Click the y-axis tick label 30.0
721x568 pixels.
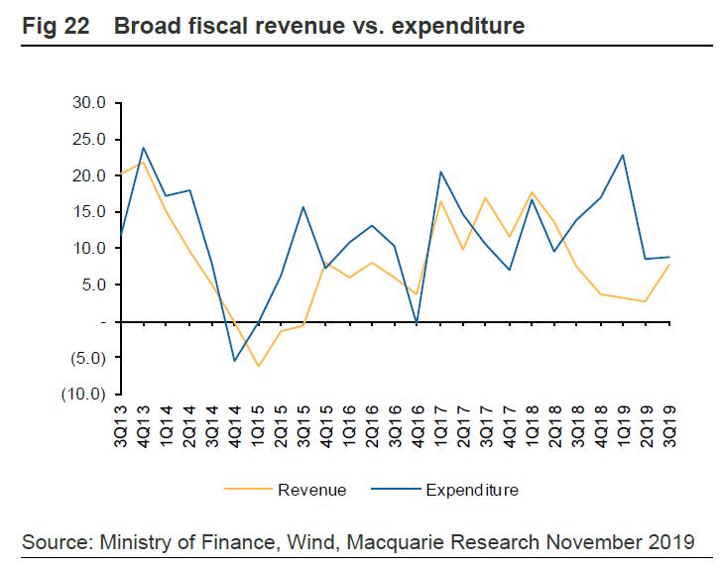(x=89, y=103)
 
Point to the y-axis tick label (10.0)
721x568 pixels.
(x=86, y=395)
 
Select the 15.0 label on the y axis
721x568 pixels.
(x=89, y=212)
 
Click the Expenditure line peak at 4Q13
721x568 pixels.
(x=144, y=148)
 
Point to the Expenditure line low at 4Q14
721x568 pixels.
(x=235, y=361)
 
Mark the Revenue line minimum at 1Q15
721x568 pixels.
(x=258, y=367)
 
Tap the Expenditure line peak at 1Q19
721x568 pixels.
(x=624, y=155)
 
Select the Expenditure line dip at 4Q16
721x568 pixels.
(x=418, y=322)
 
